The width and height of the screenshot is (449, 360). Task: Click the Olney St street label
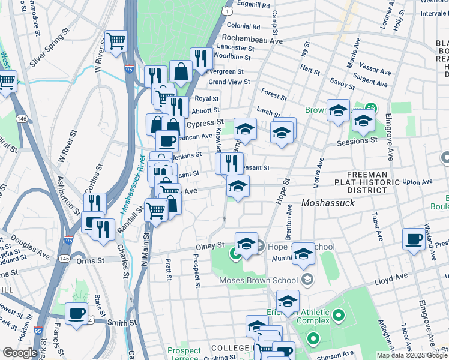pyautogui.click(x=210, y=246)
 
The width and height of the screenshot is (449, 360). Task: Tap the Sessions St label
pyautogui.click(x=357, y=140)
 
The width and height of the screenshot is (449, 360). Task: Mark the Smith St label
pyautogui.click(x=122, y=323)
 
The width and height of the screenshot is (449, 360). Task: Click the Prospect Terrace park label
pyautogui.click(x=184, y=355)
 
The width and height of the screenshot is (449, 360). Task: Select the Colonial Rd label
pyautogui.click(x=243, y=26)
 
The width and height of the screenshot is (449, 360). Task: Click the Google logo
pyautogui.click(x=20, y=353)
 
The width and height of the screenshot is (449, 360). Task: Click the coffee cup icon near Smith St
pyautogui.click(x=76, y=313)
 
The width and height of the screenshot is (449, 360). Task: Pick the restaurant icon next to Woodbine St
pyautogui.click(x=201, y=59)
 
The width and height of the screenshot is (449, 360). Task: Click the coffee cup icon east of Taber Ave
pyautogui.click(x=414, y=239)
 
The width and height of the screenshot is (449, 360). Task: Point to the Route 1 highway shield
pyautogui.click(x=226, y=11)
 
